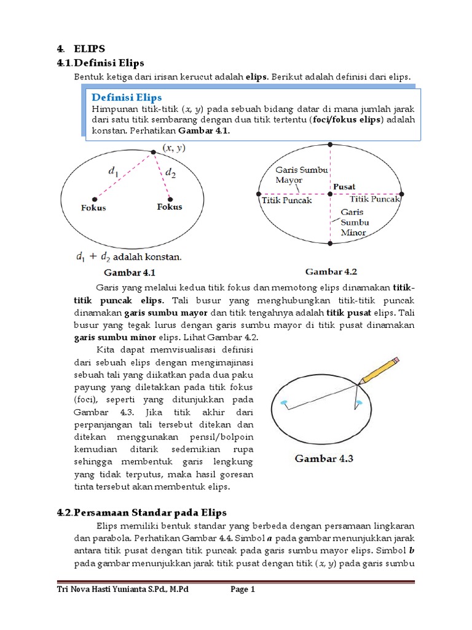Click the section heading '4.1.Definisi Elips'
tap(109, 62)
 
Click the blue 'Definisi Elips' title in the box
tap(127, 97)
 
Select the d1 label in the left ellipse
tap(114, 173)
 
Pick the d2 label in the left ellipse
tap(170, 174)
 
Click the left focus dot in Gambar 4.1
tap(94, 199)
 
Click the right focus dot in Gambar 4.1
tap(170, 198)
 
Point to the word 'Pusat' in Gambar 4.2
tap(344, 186)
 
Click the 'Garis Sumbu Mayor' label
tap(293, 175)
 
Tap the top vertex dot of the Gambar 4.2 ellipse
tap(330, 145)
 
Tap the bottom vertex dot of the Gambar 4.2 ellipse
tap(330, 244)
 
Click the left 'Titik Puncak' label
tap(287, 200)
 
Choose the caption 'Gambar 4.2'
tap(331, 271)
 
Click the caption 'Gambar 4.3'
tap(324, 458)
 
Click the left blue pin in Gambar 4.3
tap(284, 403)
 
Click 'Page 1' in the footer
tap(243, 589)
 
